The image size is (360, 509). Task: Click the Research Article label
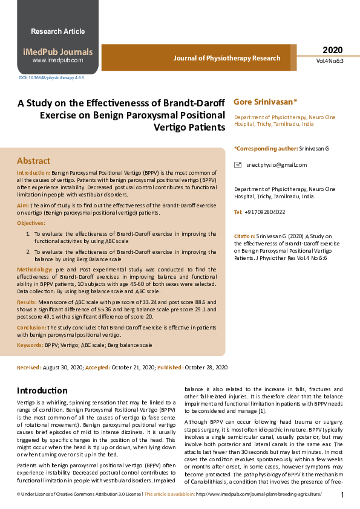pos(57,31)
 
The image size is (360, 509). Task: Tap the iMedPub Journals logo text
pos(57,52)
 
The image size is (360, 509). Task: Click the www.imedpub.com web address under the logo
pos(57,60)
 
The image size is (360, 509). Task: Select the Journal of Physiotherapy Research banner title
pos(227,59)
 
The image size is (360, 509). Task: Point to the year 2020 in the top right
pos(332,50)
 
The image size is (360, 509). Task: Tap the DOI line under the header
pos(51,78)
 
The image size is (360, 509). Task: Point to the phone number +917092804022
pos(265,212)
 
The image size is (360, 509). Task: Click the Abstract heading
pos(34,161)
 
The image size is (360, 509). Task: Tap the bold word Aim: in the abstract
pos(23,206)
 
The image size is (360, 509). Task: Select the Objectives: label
pos(31,223)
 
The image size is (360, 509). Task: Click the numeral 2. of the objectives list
pos(28,250)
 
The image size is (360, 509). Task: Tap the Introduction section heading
pos(42,391)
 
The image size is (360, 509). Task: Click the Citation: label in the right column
pos(245,236)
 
